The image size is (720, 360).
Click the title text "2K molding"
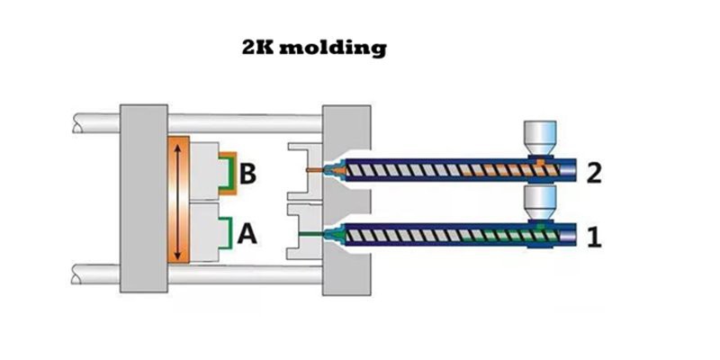tap(314, 47)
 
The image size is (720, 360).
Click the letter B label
tap(247, 172)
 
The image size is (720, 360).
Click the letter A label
tap(247, 235)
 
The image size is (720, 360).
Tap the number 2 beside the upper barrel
tap(593, 172)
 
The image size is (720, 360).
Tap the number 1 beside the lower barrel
tap(593, 238)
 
